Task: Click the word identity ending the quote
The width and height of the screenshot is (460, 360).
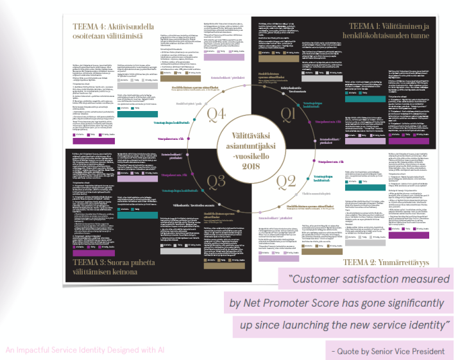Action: (x=420, y=325)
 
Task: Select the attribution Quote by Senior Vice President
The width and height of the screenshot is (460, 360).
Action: (x=389, y=350)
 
